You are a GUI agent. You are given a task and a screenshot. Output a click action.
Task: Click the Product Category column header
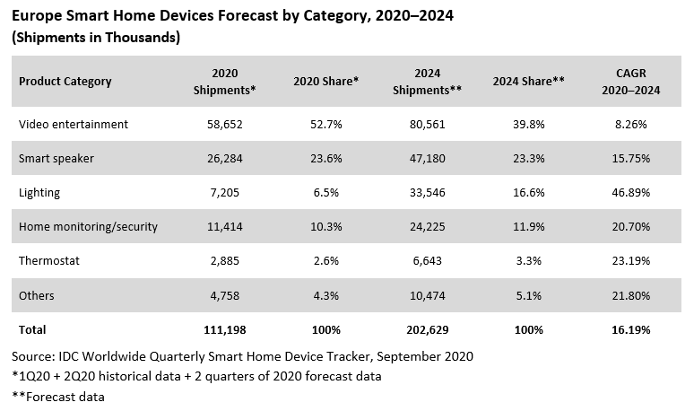tap(65, 82)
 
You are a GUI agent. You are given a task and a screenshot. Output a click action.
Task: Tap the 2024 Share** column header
tap(528, 82)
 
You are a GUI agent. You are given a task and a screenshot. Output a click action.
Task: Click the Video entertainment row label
tap(74, 125)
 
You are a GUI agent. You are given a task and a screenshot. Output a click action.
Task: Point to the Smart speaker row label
tap(56, 159)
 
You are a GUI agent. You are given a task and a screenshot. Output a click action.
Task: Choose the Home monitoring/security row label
tap(88, 227)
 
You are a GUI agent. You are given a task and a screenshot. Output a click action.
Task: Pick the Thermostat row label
tap(50, 261)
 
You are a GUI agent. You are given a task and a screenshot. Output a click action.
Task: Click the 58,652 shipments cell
tap(224, 125)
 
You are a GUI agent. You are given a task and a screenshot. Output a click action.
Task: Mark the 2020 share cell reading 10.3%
tap(325, 227)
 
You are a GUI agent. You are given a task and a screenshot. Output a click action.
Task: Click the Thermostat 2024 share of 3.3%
tap(528, 261)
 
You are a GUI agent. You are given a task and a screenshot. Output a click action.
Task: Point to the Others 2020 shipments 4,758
tap(224, 295)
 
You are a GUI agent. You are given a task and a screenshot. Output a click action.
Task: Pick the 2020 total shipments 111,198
tap(224, 329)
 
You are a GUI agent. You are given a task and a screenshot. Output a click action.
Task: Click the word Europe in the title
tap(37, 15)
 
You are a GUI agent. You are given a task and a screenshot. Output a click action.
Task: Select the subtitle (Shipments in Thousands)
tap(96, 38)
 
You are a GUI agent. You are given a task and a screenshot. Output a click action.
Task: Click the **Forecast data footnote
tap(59, 397)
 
